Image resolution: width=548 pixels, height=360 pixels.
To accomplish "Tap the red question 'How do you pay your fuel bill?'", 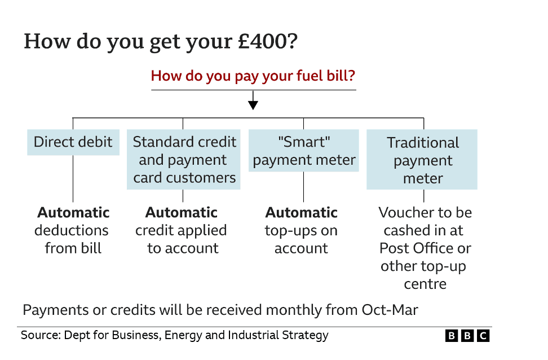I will click(253, 76).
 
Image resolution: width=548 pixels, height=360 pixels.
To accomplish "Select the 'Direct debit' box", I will click(73, 142).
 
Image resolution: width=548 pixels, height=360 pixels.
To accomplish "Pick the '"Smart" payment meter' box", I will click(304, 151).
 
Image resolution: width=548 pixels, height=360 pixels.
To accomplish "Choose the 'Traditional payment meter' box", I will click(422, 160).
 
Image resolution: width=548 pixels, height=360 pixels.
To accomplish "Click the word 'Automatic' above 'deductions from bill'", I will click(73, 213).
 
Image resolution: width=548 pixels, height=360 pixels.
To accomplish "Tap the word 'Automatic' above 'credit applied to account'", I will click(182, 213).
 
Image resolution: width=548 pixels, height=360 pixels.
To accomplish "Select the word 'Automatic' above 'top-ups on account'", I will click(302, 213).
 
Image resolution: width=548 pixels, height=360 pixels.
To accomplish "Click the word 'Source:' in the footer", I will click(40, 335).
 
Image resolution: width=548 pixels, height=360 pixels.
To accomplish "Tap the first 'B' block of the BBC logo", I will click(451, 336).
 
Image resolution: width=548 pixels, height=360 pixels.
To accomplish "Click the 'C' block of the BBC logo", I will click(483, 336).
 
